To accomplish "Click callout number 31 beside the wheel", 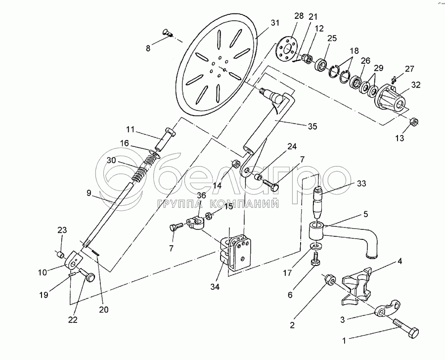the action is [275, 23].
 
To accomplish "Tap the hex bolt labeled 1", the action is [406, 327].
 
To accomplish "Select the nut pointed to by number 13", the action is [414, 121].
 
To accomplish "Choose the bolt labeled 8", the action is [168, 33].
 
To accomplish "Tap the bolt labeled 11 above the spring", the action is [166, 139].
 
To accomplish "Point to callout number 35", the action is [312, 126].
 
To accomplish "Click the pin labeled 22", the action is [87, 275].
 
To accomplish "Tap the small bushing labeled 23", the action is [60, 254].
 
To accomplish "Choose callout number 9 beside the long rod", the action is [89, 193].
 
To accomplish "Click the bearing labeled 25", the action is [321, 64].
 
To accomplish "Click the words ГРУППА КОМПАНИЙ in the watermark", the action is [218, 203].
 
